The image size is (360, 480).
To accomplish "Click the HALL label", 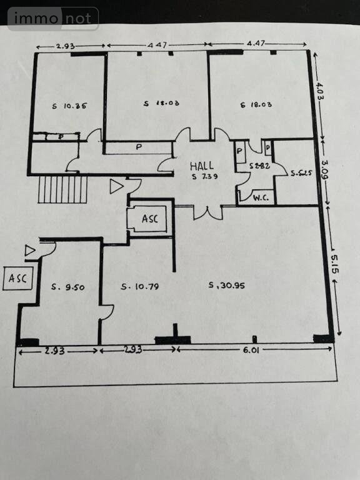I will pyautogui.click(x=203, y=166).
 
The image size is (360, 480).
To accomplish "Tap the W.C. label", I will pyautogui.click(x=260, y=198).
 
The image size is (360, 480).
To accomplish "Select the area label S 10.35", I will pyautogui.click(x=69, y=106).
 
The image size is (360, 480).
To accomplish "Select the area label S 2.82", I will pyautogui.click(x=259, y=167).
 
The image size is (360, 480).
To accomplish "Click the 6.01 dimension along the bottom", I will pyautogui.click(x=251, y=350).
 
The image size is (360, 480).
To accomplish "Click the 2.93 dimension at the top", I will pyautogui.click(x=66, y=46).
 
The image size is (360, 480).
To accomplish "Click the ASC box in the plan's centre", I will pyautogui.click(x=149, y=219).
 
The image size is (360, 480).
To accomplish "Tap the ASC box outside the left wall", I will pyautogui.click(x=17, y=279).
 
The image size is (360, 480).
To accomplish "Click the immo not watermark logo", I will pyautogui.click(x=53, y=18).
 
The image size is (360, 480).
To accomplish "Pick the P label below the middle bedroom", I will pyautogui.click(x=137, y=148).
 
